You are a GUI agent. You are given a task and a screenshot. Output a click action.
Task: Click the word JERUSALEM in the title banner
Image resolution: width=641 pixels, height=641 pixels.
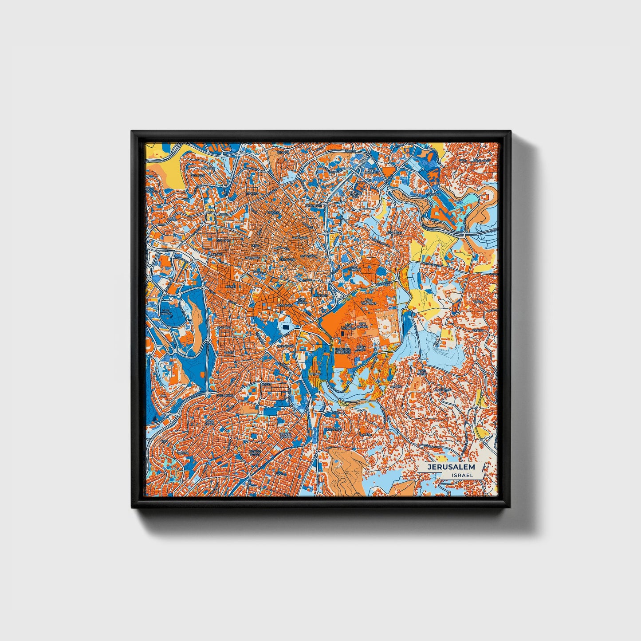pyautogui.click(x=451, y=467)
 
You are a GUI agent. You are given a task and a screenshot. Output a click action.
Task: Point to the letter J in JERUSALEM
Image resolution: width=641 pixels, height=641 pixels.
pyautogui.click(x=429, y=467)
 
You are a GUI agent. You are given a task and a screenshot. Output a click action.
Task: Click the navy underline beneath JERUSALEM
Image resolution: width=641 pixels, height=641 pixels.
pyautogui.click(x=451, y=472)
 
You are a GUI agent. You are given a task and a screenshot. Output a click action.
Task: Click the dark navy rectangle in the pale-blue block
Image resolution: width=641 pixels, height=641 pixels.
pyautogui.click(x=285, y=326)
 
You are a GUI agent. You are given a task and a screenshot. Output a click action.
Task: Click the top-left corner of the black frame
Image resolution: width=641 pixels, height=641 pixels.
pyautogui.click(x=132, y=132)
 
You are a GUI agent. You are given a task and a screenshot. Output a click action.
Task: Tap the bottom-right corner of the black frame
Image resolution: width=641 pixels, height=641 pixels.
pyautogui.click(x=510, y=507)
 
